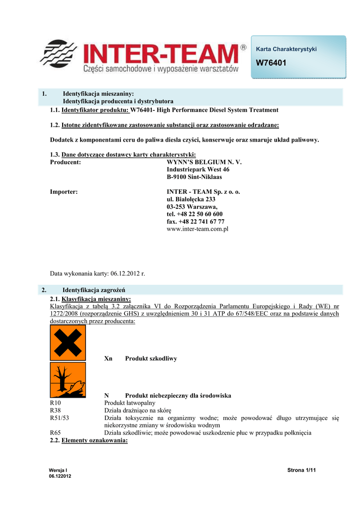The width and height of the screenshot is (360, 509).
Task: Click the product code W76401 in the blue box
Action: point(271,63)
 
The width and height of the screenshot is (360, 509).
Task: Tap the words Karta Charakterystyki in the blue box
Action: point(286,49)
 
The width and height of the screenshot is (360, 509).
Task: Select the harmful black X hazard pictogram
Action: point(68,343)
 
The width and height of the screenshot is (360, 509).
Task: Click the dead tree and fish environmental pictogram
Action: point(68,380)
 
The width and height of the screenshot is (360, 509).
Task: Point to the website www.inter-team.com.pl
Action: point(197,229)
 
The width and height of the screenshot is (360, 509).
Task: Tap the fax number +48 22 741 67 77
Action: point(195,222)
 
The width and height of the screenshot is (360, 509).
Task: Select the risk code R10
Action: point(56,403)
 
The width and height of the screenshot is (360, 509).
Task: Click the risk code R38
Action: point(56,411)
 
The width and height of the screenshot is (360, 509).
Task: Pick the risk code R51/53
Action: point(60,418)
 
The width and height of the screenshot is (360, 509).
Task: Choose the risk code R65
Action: point(56,433)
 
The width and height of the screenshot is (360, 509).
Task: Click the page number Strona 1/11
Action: point(302,470)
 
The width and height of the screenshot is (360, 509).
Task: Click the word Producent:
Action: point(66,162)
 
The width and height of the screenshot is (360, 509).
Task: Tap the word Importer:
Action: point(64,192)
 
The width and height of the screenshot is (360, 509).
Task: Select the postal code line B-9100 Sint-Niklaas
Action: point(194,177)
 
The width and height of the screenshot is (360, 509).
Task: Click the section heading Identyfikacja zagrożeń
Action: point(93,290)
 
